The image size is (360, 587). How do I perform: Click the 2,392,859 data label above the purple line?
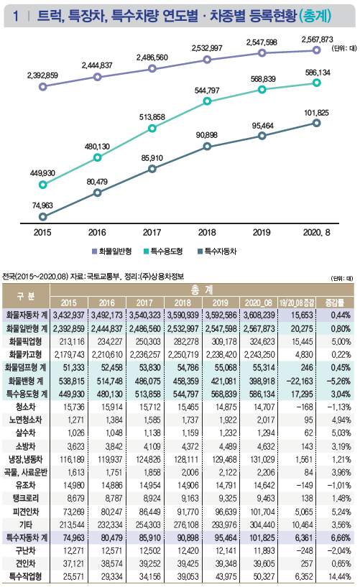[42, 75]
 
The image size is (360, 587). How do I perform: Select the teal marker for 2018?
[207, 101]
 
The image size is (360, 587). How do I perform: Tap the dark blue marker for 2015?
[42, 217]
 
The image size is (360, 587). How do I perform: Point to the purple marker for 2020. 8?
[317, 50]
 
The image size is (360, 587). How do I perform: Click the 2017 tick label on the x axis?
[152, 233]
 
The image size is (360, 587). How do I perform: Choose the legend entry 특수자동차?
[217, 251]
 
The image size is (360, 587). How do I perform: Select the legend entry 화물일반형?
[111, 251]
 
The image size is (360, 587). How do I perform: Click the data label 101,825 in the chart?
[316, 113]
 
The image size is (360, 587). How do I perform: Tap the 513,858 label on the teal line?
[152, 117]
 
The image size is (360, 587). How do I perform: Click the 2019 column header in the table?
[220, 302]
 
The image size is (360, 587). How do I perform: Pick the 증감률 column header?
[334, 302]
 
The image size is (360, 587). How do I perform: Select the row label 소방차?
[25, 446]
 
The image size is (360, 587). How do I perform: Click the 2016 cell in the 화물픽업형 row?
[107, 342]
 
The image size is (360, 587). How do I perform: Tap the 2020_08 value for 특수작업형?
[264, 576]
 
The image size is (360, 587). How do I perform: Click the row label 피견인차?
[25, 512]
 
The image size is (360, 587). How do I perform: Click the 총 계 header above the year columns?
[202, 290]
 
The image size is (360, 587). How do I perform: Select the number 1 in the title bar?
[15, 16]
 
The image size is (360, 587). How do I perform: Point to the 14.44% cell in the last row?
[338, 576]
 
